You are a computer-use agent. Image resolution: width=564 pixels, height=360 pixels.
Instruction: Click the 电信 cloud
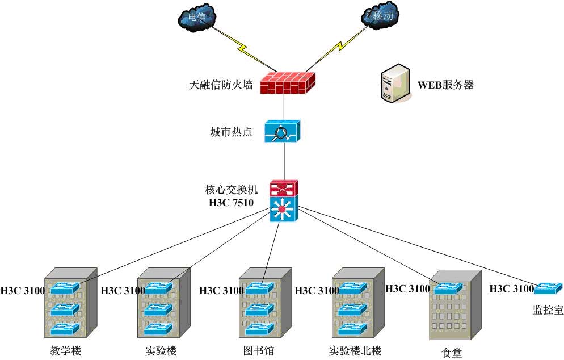click(x=197, y=18)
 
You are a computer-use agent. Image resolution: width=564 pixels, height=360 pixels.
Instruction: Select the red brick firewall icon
click(x=287, y=83)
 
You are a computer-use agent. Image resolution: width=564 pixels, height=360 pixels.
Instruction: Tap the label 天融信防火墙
click(x=221, y=86)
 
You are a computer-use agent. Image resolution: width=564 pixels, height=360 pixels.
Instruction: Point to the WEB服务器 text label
click(x=445, y=86)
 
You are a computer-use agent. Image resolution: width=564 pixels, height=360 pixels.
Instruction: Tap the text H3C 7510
click(x=229, y=201)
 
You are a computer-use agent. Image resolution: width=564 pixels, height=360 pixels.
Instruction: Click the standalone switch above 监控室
click(x=548, y=288)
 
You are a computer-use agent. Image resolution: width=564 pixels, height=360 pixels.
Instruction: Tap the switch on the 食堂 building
click(x=448, y=288)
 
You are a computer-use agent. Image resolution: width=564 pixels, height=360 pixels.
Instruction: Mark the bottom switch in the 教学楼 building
click(x=64, y=328)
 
